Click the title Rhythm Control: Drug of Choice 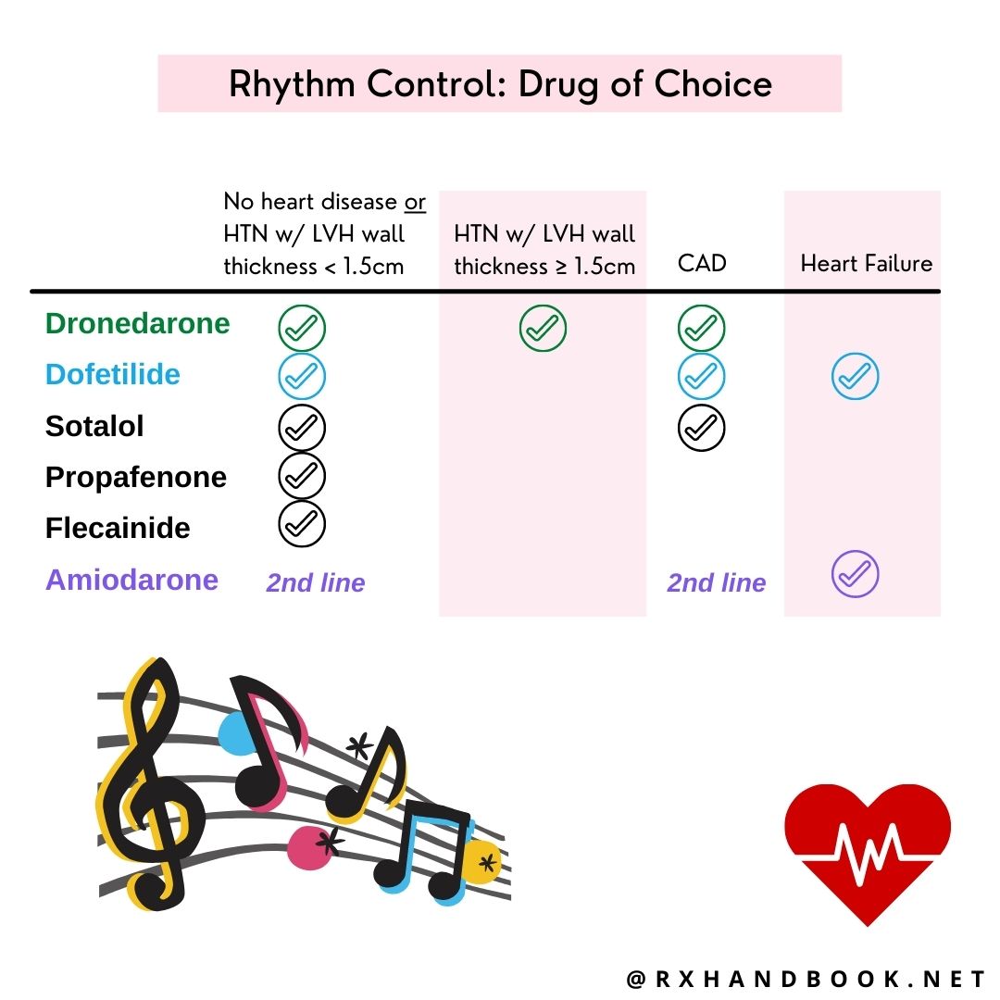500,84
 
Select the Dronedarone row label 137,324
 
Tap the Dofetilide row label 113,375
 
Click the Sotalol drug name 94,427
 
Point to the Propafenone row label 136,478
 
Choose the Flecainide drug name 118,529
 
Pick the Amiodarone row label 131,581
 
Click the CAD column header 702,264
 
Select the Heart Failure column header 866,264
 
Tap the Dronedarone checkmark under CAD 702,328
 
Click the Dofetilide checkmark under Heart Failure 856,376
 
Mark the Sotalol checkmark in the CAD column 702,427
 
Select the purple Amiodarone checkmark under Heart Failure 856,574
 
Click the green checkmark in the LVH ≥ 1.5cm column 543,328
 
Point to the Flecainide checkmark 302,525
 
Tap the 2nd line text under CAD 717,583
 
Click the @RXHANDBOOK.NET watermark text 806,980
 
